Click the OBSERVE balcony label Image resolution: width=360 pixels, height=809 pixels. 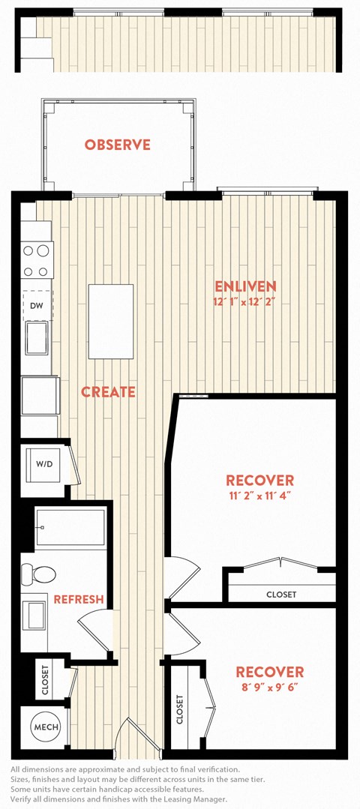[x=118, y=145]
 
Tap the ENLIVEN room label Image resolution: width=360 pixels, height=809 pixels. [x=245, y=286]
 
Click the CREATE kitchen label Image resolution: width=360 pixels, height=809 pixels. [x=108, y=392]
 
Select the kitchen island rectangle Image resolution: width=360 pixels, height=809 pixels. [x=111, y=322]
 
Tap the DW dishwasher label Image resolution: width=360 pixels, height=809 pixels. [x=36, y=305]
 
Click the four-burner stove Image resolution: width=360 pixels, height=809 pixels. [x=37, y=261]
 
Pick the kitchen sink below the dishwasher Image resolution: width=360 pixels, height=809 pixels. [x=37, y=337]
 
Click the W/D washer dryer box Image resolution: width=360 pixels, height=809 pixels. [x=43, y=463]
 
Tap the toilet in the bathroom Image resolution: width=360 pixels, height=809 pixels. [x=39, y=574]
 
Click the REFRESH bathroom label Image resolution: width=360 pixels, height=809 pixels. [x=79, y=600]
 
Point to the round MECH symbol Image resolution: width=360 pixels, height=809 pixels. [x=46, y=727]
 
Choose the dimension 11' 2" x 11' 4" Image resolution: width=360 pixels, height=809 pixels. [x=259, y=496]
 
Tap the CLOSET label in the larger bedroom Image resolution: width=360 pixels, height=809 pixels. [x=281, y=595]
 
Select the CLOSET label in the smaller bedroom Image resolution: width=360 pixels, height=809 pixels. [x=179, y=709]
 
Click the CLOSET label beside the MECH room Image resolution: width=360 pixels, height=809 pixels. [x=44, y=679]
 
